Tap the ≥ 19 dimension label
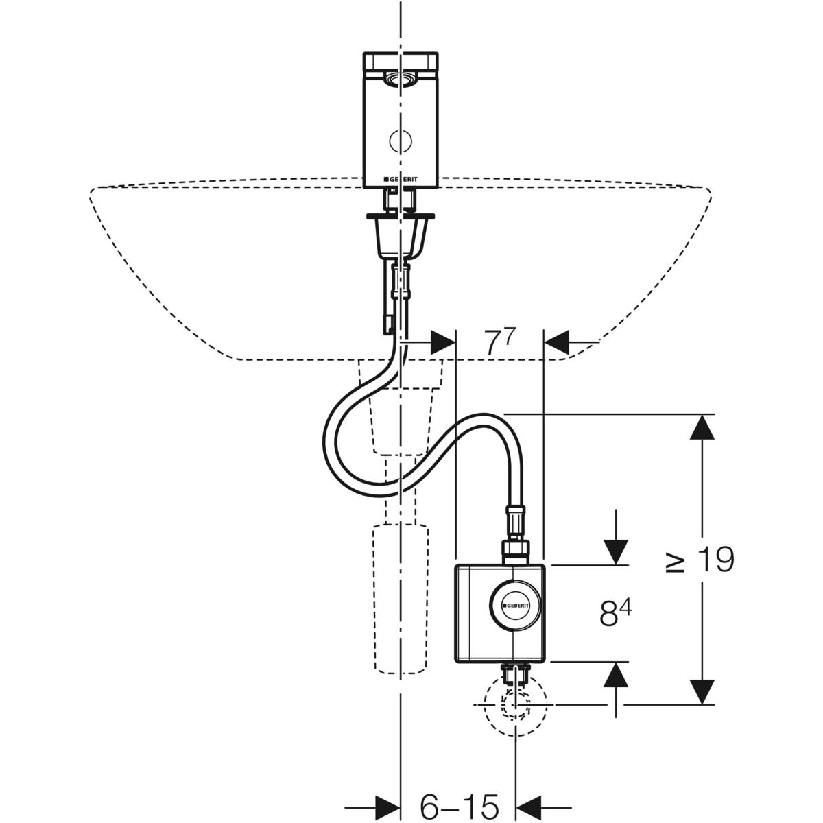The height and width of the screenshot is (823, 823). point(701,560)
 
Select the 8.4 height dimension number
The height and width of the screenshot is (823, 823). point(615,614)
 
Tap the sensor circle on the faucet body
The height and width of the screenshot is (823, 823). point(400,141)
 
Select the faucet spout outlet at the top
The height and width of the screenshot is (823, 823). point(400,80)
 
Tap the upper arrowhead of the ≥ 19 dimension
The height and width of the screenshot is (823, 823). point(701,429)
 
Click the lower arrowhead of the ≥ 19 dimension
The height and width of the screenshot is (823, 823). point(701,690)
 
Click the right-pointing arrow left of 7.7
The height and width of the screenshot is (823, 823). point(442,340)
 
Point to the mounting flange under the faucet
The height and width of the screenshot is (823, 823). point(400,219)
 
